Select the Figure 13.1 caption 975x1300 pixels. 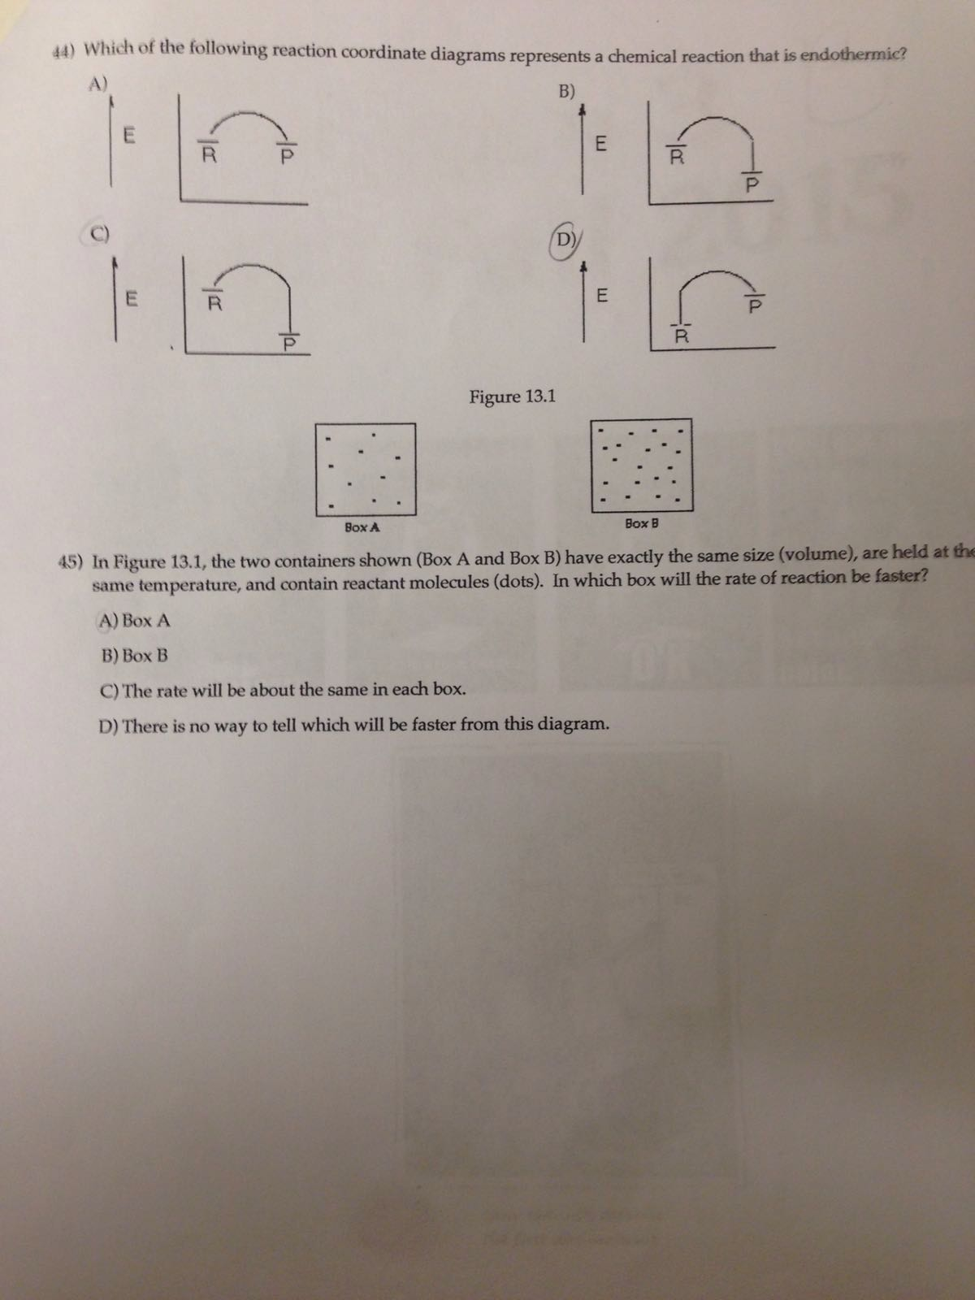pyautogui.click(x=513, y=396)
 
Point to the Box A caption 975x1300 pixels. pyautogui.click(x=362, y=526)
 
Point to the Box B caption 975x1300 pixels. pyautogui.click(x=642, y=523)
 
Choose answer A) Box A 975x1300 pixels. pyautogui.click(x=135, y=621)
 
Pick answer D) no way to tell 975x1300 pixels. pyautogui.click(x=353, y=724)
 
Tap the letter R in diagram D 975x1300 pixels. pyautogui.click(x=682, y=335)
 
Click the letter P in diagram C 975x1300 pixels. pyautogui.click(x=286, y=344)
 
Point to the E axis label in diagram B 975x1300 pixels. pyautogui.click(x=601, y=145)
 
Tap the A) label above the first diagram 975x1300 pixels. pyautogui.click(x=98, y=84)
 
